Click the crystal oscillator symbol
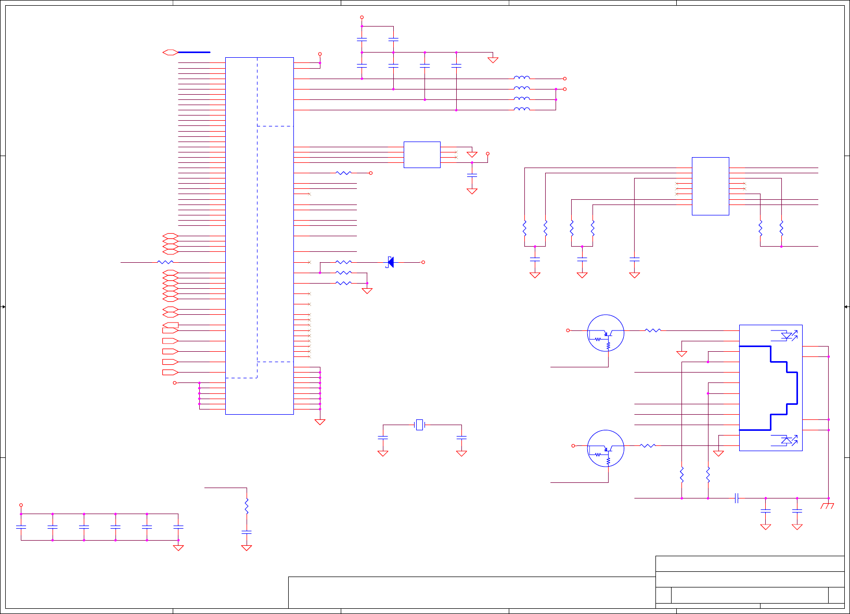click(x=419, y=425)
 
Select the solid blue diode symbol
click(x=390, y=262)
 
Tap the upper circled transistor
click(x=606, y=333)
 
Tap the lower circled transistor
click(x=606, y=449)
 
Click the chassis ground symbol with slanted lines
click(x=827, y=506)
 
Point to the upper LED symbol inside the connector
click(x=787, y=336)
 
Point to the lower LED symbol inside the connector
click(x=787, y=440)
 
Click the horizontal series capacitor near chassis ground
click(x=737, y=498)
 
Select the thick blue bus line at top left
click(x=194, y=52)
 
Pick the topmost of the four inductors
click(x=522, y=78)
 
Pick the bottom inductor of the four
click(x=522, y=109)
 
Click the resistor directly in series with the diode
click(x=343, y=262)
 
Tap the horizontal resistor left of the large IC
click(x=165, y=262)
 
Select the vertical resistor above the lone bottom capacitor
click(x=247, y=506)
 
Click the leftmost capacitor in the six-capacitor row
click(x=21, y=527)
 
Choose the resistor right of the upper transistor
click(x=652, y=330)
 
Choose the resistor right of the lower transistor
click(x=647, y=446)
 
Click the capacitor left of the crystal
click(x=383, y=438)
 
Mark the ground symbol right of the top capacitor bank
click(x=493, y=60)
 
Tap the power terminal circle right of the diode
click(x=423, y=262)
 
